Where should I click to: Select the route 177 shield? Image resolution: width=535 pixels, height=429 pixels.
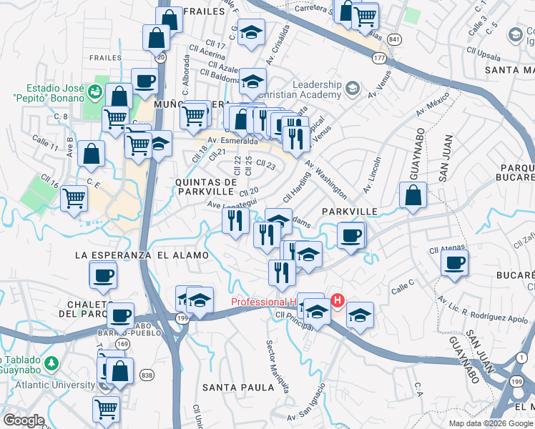(379, 57)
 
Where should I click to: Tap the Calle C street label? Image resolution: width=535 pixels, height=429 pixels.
(403, 284)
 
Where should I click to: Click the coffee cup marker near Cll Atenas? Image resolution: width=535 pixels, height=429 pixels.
(453, 263)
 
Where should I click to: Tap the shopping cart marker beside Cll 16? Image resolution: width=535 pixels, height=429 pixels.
(74, 198)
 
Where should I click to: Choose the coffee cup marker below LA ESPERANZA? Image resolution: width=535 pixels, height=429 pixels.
(103, 275)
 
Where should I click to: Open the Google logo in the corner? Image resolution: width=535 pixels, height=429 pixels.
(24, 420)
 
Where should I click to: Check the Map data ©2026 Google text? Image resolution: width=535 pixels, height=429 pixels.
(491, 423)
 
